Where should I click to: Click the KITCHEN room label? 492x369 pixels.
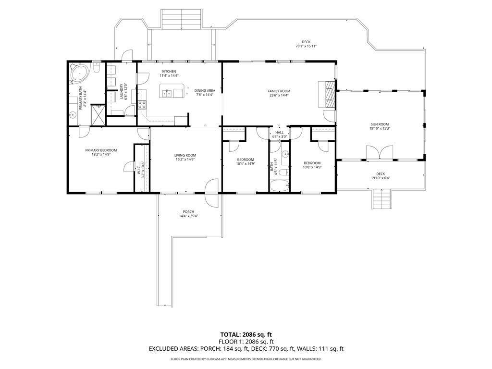coord(169,72)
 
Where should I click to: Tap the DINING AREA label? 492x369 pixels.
coord(204,91)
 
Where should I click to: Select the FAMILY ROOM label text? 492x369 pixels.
coord(279,91)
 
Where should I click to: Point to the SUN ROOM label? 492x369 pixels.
coord(379,124)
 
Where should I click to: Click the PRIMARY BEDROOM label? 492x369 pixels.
coord(101,150)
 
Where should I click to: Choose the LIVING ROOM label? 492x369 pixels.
coord(185,155)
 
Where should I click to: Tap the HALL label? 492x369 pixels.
coord(279,132)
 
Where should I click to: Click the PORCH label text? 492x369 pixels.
coord(188,212)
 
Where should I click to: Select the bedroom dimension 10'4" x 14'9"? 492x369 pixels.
coord(245,163)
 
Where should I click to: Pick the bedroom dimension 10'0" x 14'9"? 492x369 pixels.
coord(312,167)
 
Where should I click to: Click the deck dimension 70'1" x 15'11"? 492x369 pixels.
coord(306,46)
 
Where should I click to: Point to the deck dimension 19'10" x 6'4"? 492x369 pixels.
coord(380,178)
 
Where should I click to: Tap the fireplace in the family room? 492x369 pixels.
coord(329,94)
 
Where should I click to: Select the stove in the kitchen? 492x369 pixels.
coord(142,104)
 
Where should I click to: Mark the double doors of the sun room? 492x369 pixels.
coord(380,152)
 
